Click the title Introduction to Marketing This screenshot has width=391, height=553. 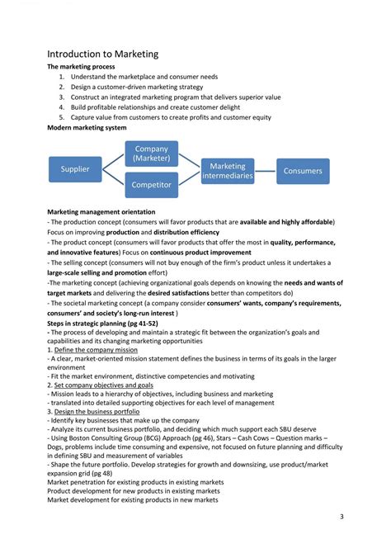(x=102, y=54)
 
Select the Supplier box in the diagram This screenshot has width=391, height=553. (x=74, y=170)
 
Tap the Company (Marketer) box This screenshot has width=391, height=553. (x=151, y=154)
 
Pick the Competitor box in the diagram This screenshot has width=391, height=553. (x=151, y=185)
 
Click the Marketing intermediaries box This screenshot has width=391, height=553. (x=228, y=171)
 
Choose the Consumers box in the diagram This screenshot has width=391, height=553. (x=303, y=171)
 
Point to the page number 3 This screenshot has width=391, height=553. (x=342, y=516)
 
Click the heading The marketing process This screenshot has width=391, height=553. (x=81, y=67)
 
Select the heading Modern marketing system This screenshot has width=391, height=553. (x=87, y=129)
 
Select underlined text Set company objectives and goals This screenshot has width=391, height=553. (x=104, y=385)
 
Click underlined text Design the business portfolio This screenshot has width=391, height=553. (x=97, y=411)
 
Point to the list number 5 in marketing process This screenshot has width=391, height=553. (x=62, y=117)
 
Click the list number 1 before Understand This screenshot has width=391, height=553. (x=62, y=77)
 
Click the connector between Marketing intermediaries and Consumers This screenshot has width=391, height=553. (x=265, y=171)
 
